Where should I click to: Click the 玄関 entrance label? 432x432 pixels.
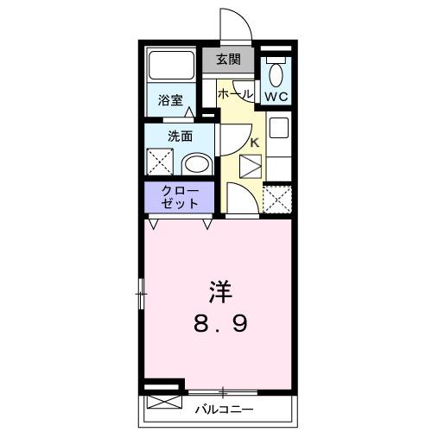[229, 60]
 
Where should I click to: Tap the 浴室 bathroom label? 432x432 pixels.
[169, 100]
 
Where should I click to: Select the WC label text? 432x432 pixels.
[276, 95]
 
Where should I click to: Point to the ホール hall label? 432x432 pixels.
[235, 93]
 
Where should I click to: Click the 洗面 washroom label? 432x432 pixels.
[180, 135]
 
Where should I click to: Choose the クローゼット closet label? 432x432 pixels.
[181, 197]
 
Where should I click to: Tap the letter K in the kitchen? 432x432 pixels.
[255, 143]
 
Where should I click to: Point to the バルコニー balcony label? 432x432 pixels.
[224, 407]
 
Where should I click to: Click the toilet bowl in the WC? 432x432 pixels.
[276, 71]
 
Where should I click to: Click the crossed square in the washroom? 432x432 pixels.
[160, 162]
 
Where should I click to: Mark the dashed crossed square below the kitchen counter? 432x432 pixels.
[276, 199]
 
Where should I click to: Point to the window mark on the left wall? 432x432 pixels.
[141, 295]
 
